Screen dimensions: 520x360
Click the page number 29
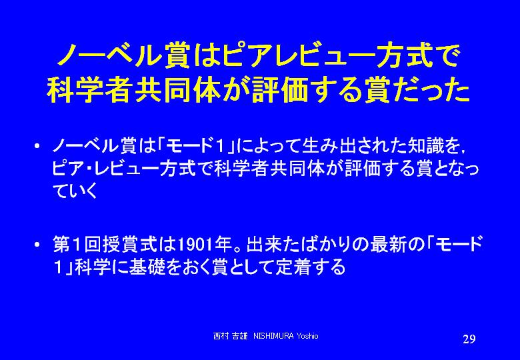click(469, 339)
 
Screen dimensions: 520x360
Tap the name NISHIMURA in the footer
click(273, 336)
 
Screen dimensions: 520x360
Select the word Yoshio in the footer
click(307, 336)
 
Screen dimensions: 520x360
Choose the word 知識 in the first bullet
click(426, 145)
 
